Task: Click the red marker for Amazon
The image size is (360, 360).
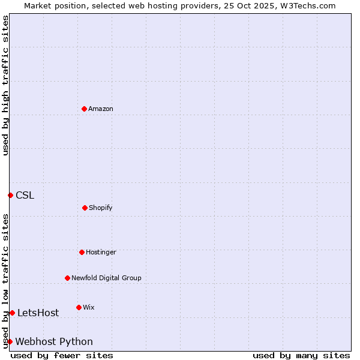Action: tap(84, 109)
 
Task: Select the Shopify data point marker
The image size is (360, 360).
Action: tap(85, 208)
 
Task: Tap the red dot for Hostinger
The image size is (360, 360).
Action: tap(82, 252)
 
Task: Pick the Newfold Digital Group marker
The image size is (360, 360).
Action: tap(67, 278)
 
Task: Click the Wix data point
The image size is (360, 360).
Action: tap(79, 307)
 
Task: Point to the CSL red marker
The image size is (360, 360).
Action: tap(10, 195)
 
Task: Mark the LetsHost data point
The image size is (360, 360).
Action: tap(12, 313)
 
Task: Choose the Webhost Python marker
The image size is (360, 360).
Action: tap(10, 341)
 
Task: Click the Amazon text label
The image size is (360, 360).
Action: tap(101, 109)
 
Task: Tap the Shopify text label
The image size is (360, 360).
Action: tap(100, 208)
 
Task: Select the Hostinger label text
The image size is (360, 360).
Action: tap(101, 252)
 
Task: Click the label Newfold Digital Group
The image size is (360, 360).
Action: tap(106, 278)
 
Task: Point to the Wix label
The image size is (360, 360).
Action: tap(88, 307)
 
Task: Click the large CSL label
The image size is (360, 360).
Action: tap(25, 195)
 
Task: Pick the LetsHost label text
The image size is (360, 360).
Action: tap(38, 313)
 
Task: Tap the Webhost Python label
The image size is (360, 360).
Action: tap(54, 341)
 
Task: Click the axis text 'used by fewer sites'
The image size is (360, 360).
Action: tap(62, 355)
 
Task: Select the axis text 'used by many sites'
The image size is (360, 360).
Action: tap(301, 355)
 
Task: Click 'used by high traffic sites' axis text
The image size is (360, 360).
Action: tap(5, 85)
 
